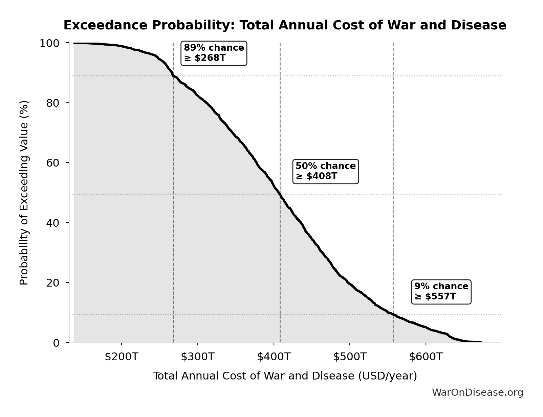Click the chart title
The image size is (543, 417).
(285, 25)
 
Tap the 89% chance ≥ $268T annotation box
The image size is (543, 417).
(214, 53)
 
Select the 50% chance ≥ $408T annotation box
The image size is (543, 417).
(325, 171)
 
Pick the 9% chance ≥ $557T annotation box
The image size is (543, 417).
(441, 292)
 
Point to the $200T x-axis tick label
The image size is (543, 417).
(121, 357)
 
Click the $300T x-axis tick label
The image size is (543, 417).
(197, 357)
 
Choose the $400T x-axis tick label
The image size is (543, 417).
(274, 357)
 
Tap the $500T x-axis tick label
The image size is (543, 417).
(350, 357)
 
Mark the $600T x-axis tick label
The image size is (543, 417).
(426, 357)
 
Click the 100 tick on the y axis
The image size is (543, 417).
(49, 43)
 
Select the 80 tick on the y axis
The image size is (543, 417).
(53, 103)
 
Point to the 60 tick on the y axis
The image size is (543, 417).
(53, 163)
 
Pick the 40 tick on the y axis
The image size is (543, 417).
(53, 222)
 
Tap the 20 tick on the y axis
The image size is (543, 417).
(53, 283)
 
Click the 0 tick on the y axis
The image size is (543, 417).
(56, 343)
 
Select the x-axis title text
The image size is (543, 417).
(285, 376)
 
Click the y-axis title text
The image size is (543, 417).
(24, 193)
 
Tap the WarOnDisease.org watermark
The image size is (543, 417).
(477, 392)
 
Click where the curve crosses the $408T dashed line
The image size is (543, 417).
(280, 194)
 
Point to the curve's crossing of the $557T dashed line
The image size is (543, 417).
(393, 314)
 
